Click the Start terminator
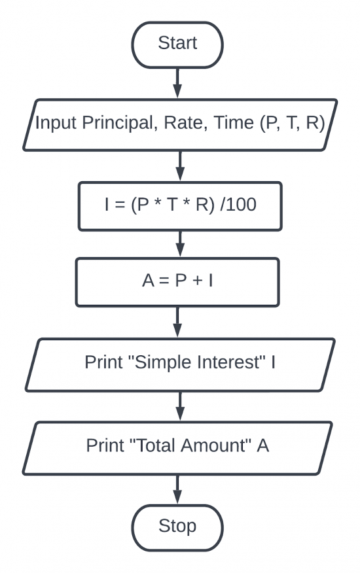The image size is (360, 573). (x=177, y=44)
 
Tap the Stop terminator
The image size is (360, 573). (x=177, y=526)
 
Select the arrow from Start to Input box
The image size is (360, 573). (x=177, y=82)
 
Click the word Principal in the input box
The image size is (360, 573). (x=118, y=124)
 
